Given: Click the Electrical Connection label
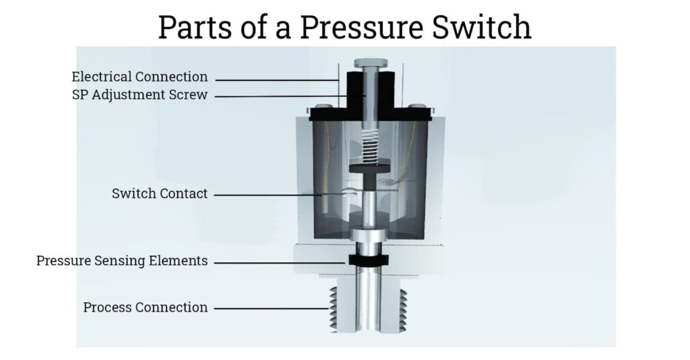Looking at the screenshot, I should coord(139,77).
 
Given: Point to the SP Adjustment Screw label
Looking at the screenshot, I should coord(139,95).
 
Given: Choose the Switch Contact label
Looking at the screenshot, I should coord(160,194).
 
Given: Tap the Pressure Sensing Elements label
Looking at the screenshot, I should coord(122,261).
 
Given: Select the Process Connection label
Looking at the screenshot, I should coord(146,307).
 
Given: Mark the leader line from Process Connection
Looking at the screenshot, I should coord(270,309).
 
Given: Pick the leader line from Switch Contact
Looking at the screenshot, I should coord(270,195).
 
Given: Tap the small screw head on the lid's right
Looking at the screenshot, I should coord(417,107).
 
